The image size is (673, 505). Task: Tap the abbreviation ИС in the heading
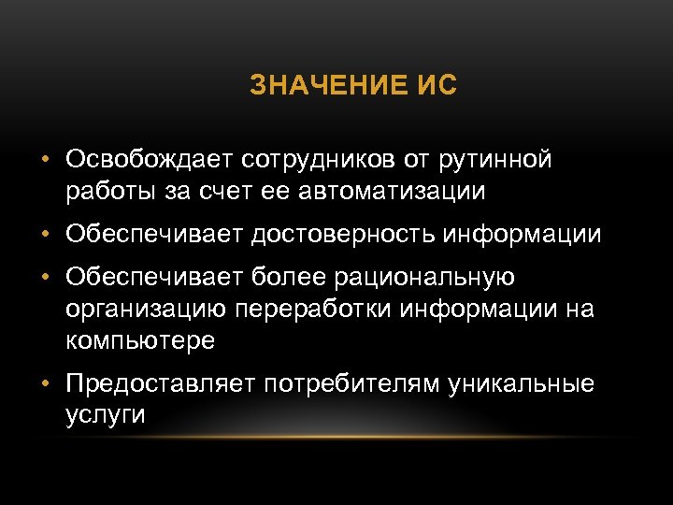(x=435, y=88)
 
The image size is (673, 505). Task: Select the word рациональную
(x=435, y=278)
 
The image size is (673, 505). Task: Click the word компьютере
(x=141, y=341)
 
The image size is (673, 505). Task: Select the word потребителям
(x=359, y=384)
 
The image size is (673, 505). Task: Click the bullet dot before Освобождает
(x=45, y=161)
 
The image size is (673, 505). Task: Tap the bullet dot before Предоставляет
(x=45, y=384)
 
